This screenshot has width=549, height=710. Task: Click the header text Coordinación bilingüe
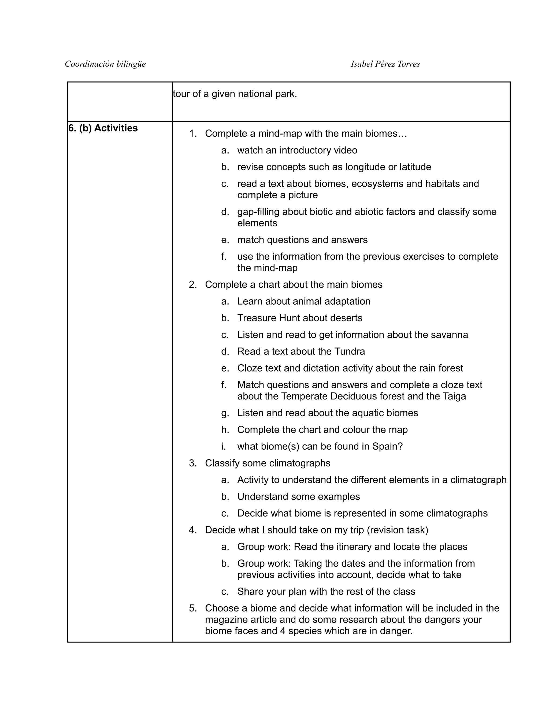click(105, 64)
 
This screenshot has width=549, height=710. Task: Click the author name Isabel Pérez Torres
click(385, 64)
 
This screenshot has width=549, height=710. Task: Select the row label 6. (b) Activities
click(103, 128)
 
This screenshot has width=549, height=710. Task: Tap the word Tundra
click(349, 352)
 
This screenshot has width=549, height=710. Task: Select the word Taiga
click(454, 396)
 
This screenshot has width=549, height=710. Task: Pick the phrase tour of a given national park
click(235, 94)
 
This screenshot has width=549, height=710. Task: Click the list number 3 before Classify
click(192, 463)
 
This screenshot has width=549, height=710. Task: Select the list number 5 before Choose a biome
click(192, 608)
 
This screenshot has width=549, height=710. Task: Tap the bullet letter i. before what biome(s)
click(224, 446)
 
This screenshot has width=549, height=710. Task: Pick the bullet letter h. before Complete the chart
click(225, 430)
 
